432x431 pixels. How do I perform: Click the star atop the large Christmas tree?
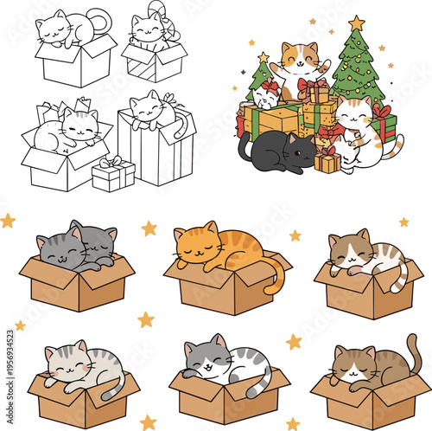(357, 23)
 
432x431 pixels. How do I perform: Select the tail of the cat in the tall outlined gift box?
(181, 126)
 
